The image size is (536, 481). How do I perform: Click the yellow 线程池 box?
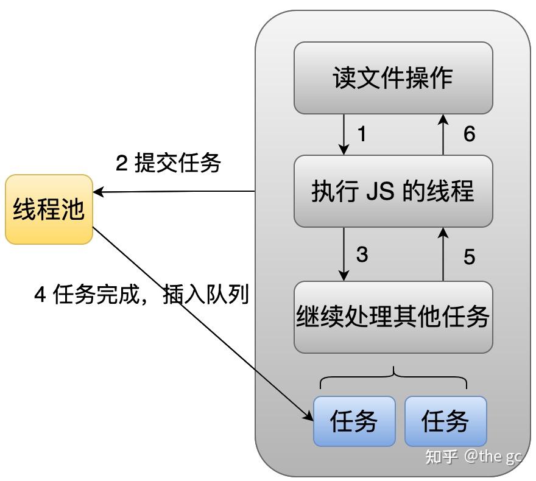49,209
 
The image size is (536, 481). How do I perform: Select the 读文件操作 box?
393,78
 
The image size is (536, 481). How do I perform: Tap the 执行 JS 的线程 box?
393,191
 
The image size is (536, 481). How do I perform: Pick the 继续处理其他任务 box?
393,317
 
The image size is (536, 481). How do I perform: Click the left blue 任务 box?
354,421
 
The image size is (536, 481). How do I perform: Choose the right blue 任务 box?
446,421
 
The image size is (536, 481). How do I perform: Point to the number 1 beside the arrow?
362,134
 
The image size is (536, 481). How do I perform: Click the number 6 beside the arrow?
468,134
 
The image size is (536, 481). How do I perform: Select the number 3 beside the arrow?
362,255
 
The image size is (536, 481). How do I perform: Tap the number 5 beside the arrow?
468,257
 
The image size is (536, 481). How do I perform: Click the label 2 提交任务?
168,163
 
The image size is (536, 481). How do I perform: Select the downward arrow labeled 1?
344,134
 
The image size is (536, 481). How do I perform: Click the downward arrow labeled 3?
344,255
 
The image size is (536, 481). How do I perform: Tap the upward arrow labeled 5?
444,255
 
